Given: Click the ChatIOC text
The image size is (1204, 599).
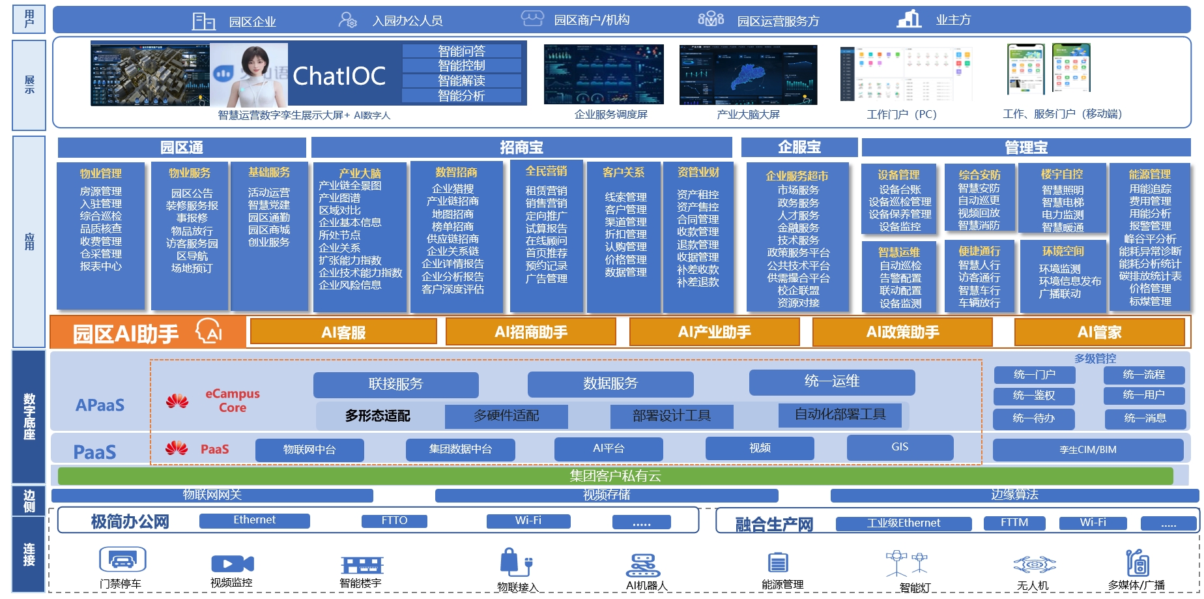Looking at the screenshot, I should tap(339, 76).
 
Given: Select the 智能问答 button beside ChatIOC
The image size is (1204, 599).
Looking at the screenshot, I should tap(461, 51).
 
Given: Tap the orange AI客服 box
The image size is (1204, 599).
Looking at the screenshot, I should tap(343, 332).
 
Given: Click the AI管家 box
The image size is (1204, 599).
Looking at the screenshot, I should tap(1099, 332).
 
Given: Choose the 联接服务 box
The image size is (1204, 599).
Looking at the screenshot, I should tap(395, 385).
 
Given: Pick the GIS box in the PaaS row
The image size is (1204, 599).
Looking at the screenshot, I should tap(899, 448).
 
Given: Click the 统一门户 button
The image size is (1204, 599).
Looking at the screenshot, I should tap(1034, 375).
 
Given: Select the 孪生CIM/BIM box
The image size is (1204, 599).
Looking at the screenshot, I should tap(1087, 450).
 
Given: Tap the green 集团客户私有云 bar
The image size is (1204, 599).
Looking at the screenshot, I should tap(615, 476).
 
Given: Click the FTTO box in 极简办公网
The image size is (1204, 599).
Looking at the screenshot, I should tap(394, 521).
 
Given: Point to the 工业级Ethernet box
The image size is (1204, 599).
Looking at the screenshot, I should tap(903, 523).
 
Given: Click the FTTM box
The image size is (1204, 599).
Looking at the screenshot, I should tap(1014, 523).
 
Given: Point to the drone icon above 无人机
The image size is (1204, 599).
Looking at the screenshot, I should tap(1034, 564).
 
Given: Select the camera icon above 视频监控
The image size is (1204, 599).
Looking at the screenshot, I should tap(232, 564).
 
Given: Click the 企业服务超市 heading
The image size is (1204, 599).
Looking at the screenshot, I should tap(797, 176).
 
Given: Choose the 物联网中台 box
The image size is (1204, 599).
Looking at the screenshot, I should tap(309, 450).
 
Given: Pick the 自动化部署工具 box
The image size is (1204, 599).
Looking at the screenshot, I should tap(840, 415).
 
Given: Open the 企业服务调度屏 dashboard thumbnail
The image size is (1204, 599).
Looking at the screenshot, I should tap(603, 74).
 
